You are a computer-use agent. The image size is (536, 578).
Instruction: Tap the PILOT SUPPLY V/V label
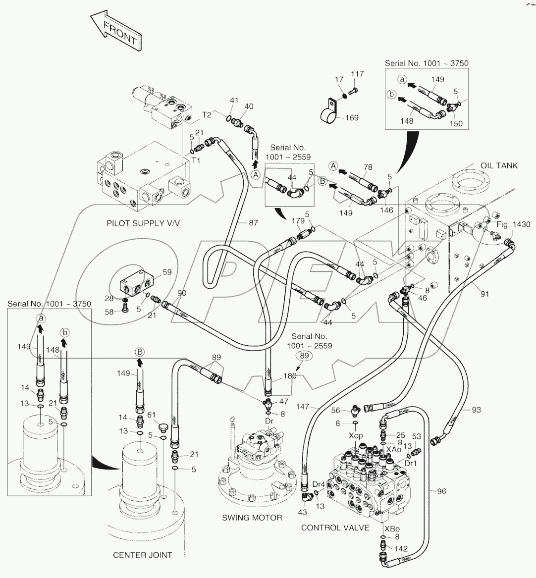(143, 223)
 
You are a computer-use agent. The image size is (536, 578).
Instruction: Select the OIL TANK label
(499, 165)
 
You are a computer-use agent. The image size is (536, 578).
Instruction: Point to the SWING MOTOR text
(252, 518)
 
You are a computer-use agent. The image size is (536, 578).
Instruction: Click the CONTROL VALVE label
(335, 527)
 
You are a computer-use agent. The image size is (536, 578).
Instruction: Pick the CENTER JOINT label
(143, 555)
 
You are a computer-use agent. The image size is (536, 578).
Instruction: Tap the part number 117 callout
(357, 74)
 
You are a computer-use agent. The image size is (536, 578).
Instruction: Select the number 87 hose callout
(253, 223)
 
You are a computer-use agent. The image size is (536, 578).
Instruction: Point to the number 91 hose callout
(484, 294)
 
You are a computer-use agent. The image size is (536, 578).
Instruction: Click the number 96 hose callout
(441, 491)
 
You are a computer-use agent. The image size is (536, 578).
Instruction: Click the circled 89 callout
(305, 356)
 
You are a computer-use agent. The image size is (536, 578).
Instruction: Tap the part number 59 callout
(167, 271)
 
